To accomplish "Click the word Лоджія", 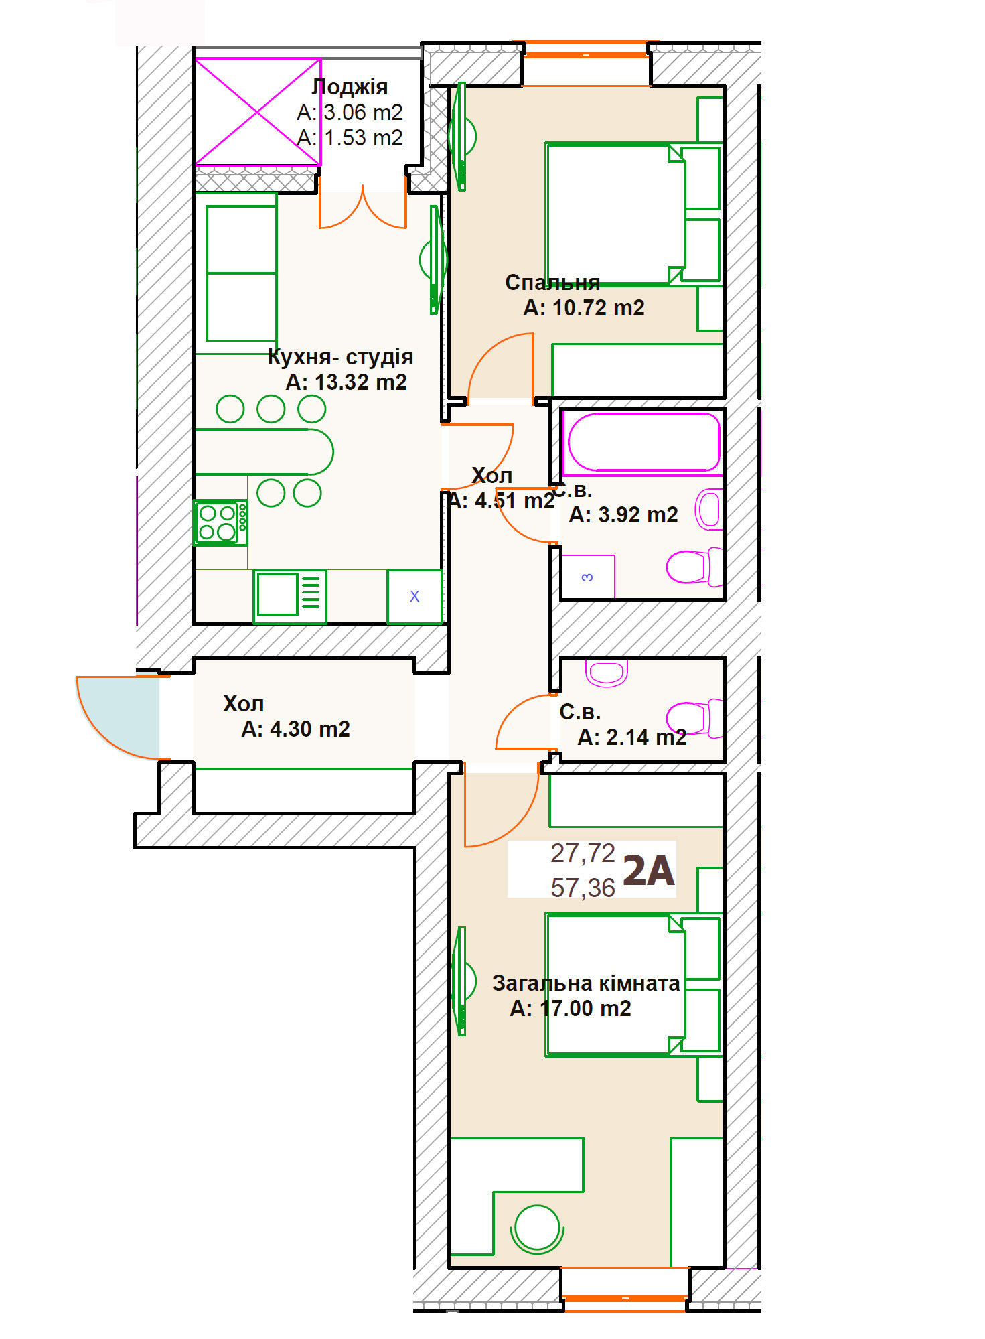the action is click(x=350, y=87).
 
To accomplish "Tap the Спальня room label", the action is click(x=552, y=283).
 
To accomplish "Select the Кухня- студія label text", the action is click(x=340, y=357).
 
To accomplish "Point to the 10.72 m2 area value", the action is click(x=599, y=308).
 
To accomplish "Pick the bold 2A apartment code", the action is click(x=648, y=871).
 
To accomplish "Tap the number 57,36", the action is click(x=583, y=888).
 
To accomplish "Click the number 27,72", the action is click(x=583, y=853).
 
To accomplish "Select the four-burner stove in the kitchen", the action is click(x=220, y=522).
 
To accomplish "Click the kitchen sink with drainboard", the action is click(x=290, y=595).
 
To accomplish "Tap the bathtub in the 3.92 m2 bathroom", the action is click(x=642, y=443).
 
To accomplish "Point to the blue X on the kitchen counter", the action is click(x=414, y=596).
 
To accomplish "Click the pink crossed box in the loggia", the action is click(x=258, y=112).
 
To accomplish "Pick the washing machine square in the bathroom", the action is click(x=588, y=576).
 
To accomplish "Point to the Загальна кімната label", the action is click(x=586, y=983).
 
